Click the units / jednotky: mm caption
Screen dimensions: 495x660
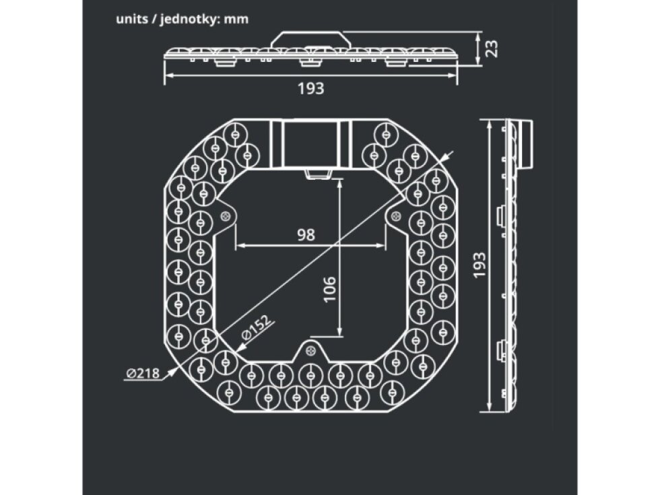(183, 19)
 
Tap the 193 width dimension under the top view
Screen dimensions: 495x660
(311, 88)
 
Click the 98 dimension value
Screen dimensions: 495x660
(306, 234)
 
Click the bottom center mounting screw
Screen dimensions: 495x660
(310, 350)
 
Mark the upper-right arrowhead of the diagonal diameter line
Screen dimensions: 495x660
(445, 157)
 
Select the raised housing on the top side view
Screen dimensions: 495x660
(310, 38)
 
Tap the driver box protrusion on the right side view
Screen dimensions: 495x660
(528, 145)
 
